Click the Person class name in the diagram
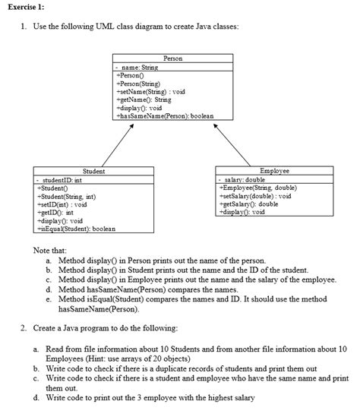click(x=172, y=58)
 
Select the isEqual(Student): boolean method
click(x=75, y=229)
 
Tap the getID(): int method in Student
click(x=55, y=213)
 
